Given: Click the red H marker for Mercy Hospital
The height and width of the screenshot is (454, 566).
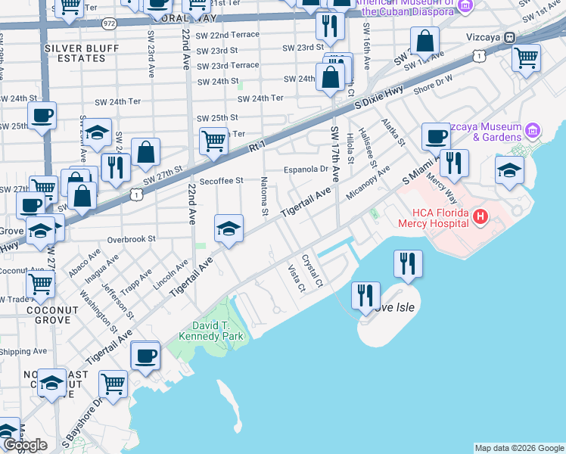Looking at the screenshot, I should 478,218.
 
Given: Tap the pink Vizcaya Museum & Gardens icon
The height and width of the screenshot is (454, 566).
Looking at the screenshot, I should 533,132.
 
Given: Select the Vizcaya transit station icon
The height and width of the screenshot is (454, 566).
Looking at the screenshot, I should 510,36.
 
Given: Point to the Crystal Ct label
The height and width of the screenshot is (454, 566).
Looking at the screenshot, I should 312,271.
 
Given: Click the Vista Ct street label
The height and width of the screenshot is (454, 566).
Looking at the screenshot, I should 295,278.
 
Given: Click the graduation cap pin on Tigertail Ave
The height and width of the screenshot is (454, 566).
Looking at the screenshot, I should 229,229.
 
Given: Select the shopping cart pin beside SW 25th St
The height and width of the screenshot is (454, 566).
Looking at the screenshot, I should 214,141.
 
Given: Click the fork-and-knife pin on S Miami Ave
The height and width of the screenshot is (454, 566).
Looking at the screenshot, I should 454,163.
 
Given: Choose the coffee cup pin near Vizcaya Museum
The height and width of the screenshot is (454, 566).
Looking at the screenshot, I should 436,136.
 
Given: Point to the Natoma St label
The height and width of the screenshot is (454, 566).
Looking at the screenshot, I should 265,197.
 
